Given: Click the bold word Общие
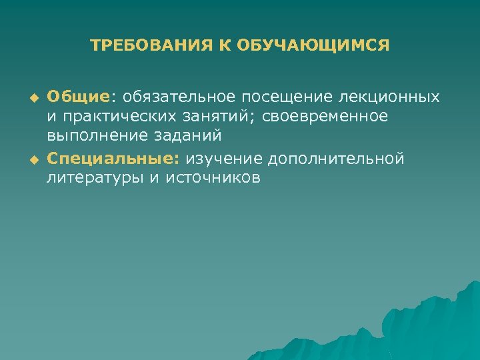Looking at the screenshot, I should [79, 98].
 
